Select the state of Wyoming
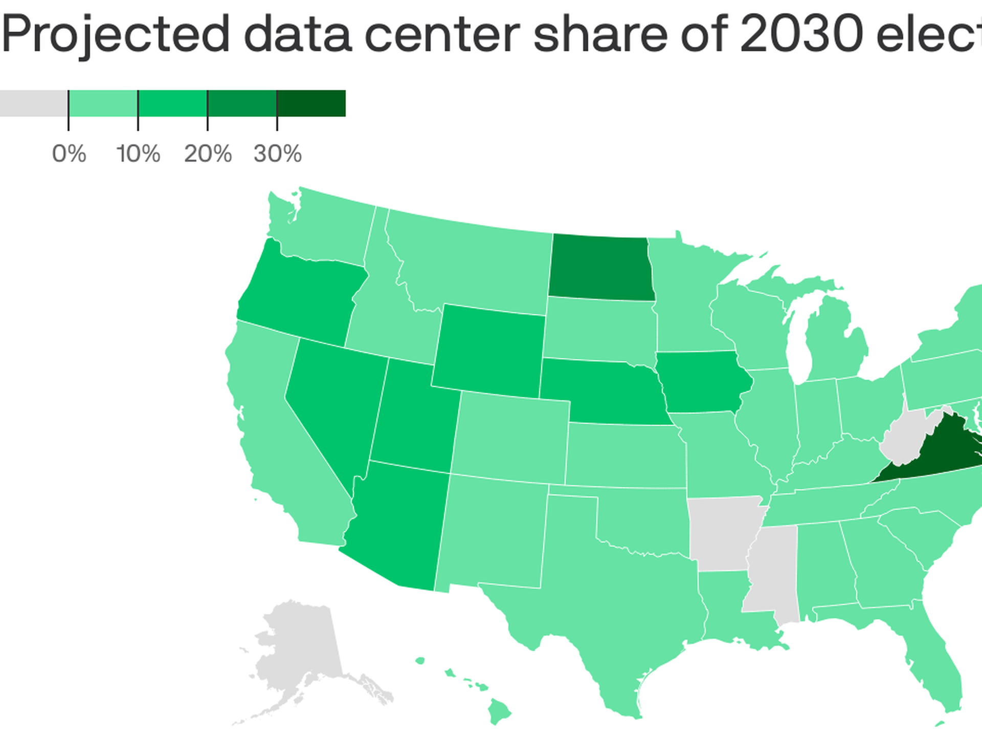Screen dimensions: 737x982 pyautogui.click(x=488, y=351)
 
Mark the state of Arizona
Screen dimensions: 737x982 pyautogui.click(x=399, y=527)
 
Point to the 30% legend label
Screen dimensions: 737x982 pyautogui.click(x=277, y=154)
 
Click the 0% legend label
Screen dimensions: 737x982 pyautogui.click(x=69, y=154)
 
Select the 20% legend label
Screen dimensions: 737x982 pyautogui.click(x=208, y=154)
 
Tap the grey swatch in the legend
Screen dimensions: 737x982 pyautogui.click(x=33, y=103)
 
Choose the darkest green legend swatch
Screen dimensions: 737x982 pyautogui.click(x=311, y=103)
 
